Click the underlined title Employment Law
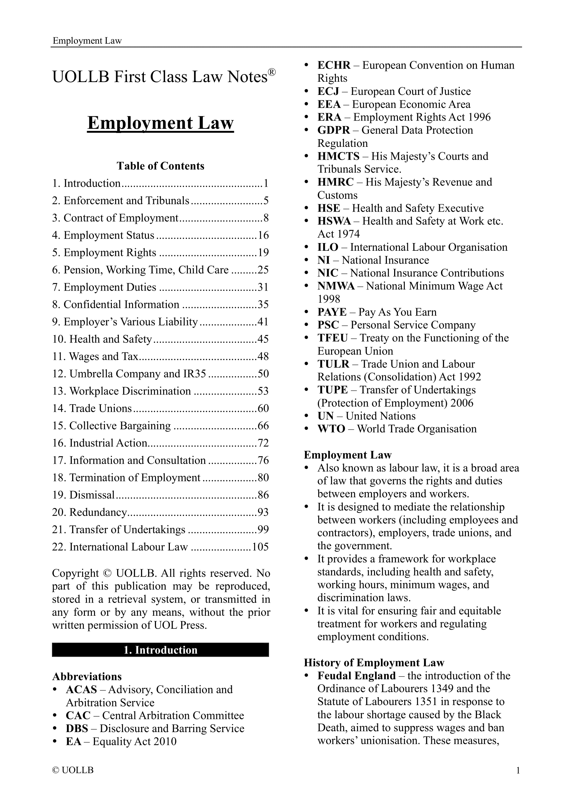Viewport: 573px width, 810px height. (x=160, y=123)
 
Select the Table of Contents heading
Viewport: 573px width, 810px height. (x=160, y=166)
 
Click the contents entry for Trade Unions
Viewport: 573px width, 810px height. (x=100, y=408)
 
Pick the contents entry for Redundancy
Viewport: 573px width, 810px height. (x=98, y=512)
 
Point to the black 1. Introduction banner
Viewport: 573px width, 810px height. (x=160, y=650)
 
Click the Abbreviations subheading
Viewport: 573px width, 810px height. (x=87, y=676)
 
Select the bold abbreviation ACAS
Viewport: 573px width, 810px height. (x=81, y=689)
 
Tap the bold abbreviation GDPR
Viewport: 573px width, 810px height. (x=333, y=130)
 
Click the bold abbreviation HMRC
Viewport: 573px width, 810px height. (x=335, y=182)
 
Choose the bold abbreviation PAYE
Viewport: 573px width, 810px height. (x=332, y=312)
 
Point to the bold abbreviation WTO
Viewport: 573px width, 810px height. (x=331, y=429)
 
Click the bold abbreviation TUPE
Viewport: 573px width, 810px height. (x=332, y=390)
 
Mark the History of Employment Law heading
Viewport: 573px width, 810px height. (x=374, y=662)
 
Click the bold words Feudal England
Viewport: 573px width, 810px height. (x=356, y=676)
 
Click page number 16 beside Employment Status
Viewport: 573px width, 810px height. (x=263, y=235)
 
